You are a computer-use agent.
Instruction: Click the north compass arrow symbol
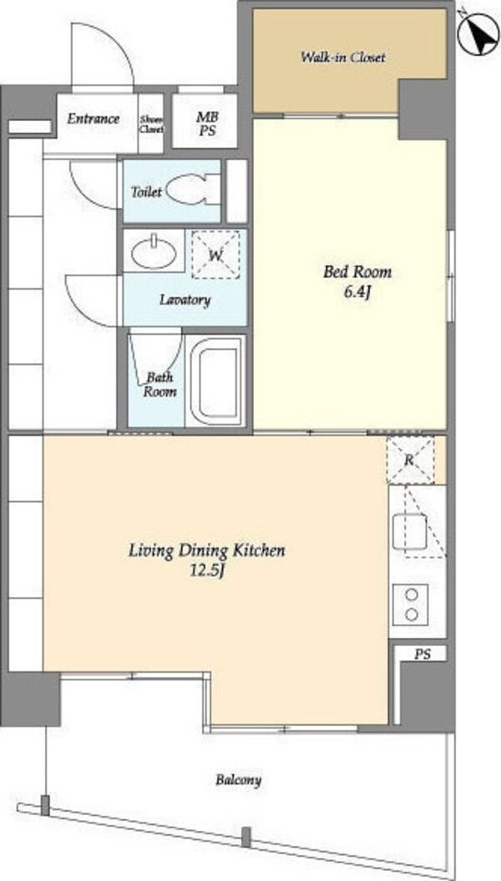coord(478,33)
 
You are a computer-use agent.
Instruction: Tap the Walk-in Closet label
coord(342,58)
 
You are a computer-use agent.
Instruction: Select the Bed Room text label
coord(357,272)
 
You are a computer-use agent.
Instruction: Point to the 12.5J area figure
coord(206,571)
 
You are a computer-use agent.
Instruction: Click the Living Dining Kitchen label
coord(207,549)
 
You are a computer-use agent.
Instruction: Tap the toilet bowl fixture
coord(193,190)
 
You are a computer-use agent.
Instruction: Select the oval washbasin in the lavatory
coord(154,252)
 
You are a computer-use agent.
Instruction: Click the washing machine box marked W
coord(216,255)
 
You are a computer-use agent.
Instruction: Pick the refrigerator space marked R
coord(410,460)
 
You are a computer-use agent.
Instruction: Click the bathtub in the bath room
coord(215,381)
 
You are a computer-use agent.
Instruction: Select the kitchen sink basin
coord(409,531)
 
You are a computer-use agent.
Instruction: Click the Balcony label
coord(239,781)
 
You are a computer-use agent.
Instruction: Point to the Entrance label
coord(94,119)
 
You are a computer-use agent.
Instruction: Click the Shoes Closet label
coord(151,124)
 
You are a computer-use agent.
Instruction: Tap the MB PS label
coord(206,124)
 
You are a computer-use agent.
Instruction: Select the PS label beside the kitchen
coord(423,654)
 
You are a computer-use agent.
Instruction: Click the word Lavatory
coord(185,300)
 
